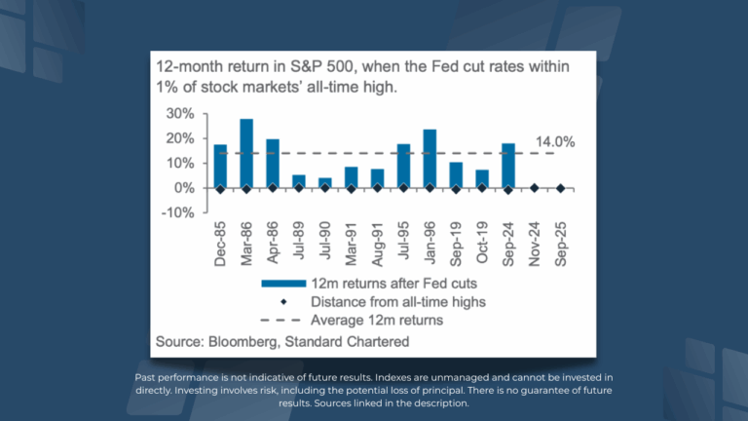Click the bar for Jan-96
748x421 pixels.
pos(430,158)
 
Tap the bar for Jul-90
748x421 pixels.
pos(325,183)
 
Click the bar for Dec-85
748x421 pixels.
pos(220,166)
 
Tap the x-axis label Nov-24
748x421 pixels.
pos(535,244)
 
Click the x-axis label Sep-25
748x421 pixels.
pos(561,244)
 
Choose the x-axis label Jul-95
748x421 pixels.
pos(403,244)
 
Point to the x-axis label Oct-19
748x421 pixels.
pos(482,244)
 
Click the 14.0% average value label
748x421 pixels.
pos(556,141)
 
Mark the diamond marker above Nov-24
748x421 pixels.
pos(535,188)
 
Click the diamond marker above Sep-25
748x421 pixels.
pos(561,188)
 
